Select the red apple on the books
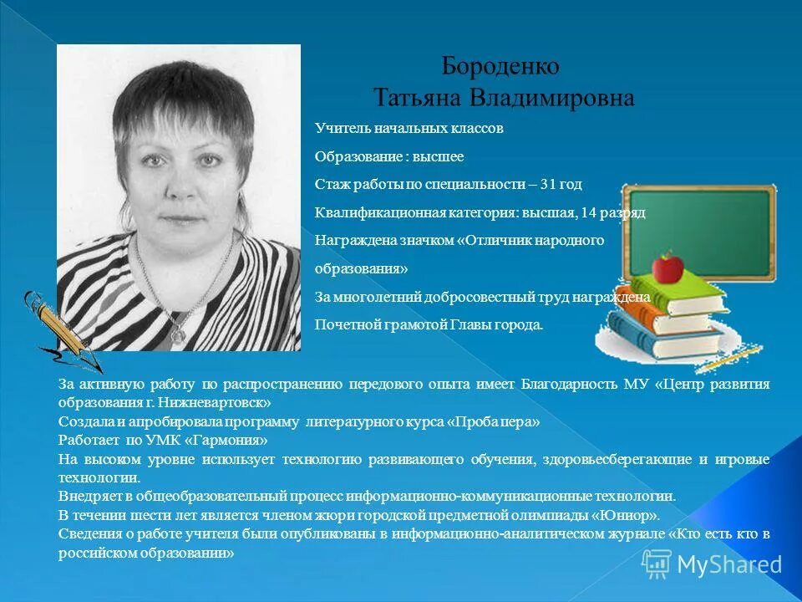pos(667,268)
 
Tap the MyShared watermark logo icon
pos(656,564)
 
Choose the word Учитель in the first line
pos(339,129)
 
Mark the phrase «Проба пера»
pos(494,421)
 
